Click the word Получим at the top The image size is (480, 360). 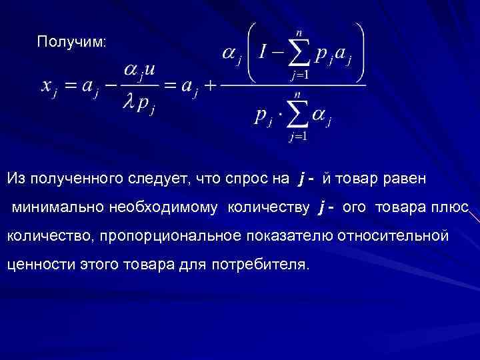(x=71, y=42)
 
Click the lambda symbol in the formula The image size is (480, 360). (x=130, y=106)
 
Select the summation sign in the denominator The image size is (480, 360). (x=298, y=117)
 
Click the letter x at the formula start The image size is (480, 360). (x=47, y=87)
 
